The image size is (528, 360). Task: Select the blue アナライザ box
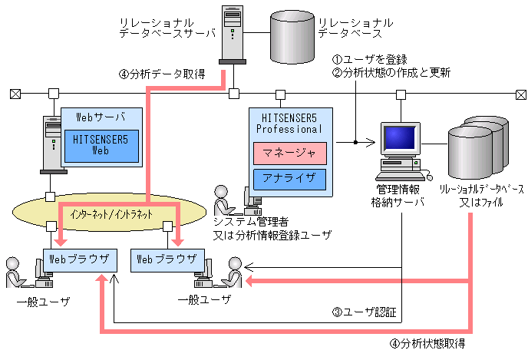[x=290, y=179]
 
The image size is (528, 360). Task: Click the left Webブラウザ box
[x=80, y=259]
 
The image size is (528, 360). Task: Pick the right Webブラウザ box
[x=167, y=259]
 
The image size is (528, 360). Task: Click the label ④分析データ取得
[x=161, y=74]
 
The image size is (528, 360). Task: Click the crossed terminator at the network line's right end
[x=520, y=94]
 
